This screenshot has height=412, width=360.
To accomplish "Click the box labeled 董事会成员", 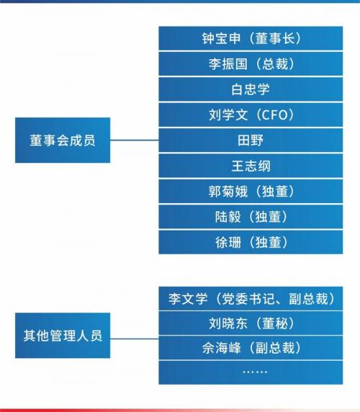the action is tap(63, 140).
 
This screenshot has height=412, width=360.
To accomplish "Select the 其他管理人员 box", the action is tap(63, 335).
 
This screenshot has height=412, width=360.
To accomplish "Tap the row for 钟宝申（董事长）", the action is tap(251, 38).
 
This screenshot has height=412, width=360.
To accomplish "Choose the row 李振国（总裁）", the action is tap(251, 63).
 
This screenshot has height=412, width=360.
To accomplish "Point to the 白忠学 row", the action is tap(251, 89).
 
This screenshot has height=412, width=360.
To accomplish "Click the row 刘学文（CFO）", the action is tap(251, 115).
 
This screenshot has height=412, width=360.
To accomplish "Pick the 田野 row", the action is tap(251, 140).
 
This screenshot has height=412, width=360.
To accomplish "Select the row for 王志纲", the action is tap(251, 166).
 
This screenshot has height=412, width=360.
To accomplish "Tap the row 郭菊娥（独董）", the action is tap(251, 191).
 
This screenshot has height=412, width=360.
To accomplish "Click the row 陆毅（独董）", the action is tap(251, 217).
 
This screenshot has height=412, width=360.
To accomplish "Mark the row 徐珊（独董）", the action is tap(251, 242).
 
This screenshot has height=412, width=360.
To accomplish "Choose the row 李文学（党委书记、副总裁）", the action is tap(251, 298).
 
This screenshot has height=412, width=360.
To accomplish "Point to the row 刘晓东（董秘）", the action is tap(251, 323).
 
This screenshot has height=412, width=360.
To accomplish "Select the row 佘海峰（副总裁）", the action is tap(251, 348).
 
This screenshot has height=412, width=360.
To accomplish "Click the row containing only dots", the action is tap(251, 372).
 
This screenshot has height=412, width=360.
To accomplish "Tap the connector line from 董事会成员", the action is tap(134, 140).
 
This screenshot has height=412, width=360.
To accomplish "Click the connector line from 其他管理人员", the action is tap(134, 339).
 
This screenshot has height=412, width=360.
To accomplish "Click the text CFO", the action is tap(274, 115).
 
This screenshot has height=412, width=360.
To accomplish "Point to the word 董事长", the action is tap(274, 38).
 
